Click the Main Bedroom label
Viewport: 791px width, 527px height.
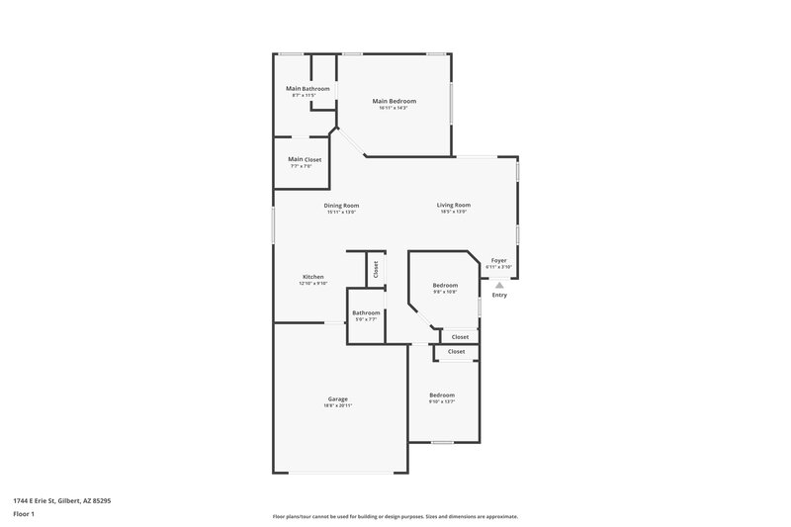coord(394,101)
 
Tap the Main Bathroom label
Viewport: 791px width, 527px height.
coord(308,89)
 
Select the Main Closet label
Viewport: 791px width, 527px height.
coord(305,159)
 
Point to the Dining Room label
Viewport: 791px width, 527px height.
coord(341,206)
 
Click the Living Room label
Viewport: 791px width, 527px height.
coord(454,206)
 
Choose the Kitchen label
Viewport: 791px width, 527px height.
coord(312,277)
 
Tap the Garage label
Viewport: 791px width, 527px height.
coord(337,399)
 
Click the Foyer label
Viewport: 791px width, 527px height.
coord(498,261)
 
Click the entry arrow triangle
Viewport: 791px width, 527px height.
coord(499,284)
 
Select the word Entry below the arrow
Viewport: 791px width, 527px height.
coord(499,295)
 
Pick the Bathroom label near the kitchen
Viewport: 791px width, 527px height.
coord(366,312)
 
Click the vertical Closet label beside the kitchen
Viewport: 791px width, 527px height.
coord(376,267)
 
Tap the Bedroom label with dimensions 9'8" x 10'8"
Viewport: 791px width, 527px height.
coord(445,286)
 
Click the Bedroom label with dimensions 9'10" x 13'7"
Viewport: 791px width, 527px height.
coord(442,395)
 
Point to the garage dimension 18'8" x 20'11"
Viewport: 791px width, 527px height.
coord(337,406)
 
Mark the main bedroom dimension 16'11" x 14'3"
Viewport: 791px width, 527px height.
coord(394,108)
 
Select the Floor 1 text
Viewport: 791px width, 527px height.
coord(25,515)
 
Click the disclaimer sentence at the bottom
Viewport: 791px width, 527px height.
coord(395,516)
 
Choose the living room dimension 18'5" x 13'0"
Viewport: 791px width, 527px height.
coord(454,213)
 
